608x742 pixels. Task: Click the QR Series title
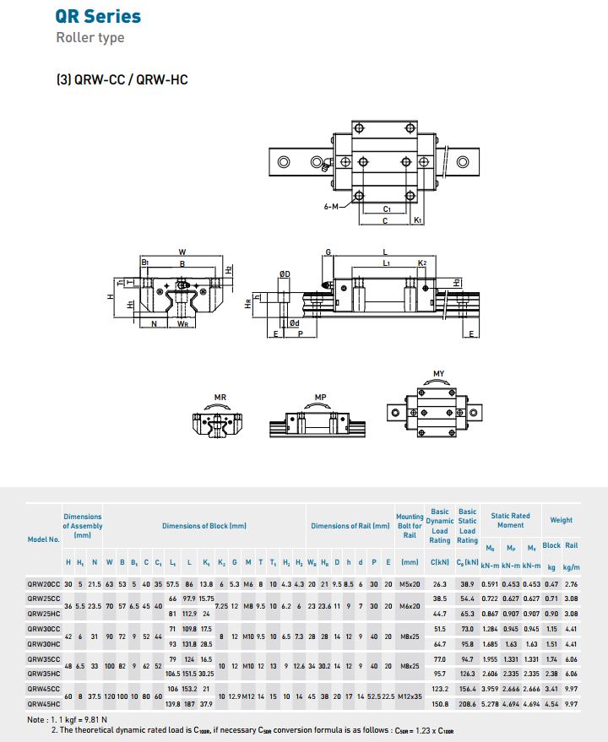tap(98, 16)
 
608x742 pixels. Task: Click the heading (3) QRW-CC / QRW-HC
tap(122, 80)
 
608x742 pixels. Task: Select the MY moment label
tap(438, 374)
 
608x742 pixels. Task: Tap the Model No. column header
tap(43, 539)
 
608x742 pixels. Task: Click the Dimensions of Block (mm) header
tap(204, 526)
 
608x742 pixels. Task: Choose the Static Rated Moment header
tap(511, 520)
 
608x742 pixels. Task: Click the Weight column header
tap(561, 520)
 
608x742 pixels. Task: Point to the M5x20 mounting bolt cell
tap(410, 583)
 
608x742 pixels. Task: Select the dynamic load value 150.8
tap(440, 702)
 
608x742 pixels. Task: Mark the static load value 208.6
tap(466, 702)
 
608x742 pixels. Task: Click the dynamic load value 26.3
tap(440, 583)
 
